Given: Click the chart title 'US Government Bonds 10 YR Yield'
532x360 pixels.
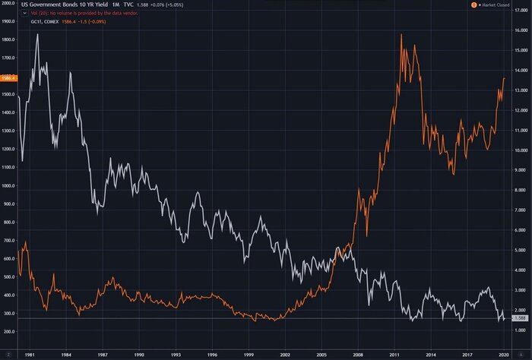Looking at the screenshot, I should click(x=49, y=5).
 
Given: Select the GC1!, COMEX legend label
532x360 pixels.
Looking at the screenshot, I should click(x=39, y=23).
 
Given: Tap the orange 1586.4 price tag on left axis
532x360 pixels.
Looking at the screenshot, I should click(x=8, y=77).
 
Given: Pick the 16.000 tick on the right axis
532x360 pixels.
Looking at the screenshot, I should click(x=521, y=31).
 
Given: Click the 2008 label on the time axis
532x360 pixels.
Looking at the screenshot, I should click(x=359, y=354).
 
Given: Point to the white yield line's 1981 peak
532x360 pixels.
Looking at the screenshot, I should click(x=37, y=35).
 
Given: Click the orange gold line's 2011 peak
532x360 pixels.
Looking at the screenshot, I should click(x=401, y=35).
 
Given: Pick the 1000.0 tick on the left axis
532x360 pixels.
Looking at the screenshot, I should click(x=9, y=186).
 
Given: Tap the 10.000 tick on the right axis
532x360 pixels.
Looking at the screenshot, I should click(x=521, y=150).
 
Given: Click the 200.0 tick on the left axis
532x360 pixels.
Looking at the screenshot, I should click(x=11, y=332).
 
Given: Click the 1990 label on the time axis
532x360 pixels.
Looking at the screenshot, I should click(x=139, y=354).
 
